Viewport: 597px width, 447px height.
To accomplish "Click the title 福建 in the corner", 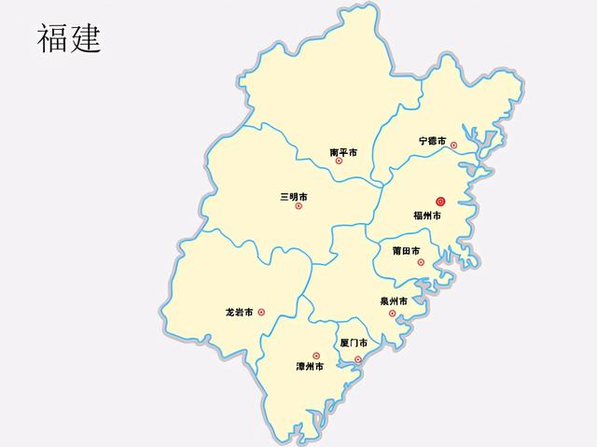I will coord(68,39).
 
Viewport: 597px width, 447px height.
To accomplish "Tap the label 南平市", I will coord(343,150).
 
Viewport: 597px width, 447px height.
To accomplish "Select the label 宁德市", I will coord(432,141).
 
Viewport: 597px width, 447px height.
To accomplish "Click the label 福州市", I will coord(427,216).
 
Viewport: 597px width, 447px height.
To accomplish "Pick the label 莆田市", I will coord(406,250).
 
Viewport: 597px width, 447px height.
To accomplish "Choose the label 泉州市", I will coord(394,301).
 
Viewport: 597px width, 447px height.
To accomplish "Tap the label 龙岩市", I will coord(239,312).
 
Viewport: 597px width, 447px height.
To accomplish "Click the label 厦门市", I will coord(354,343).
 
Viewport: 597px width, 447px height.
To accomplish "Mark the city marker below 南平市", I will coord(339,161).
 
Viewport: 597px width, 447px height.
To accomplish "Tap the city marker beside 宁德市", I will coord(453,145).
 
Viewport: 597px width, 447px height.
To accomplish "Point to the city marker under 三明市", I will coord(298,206).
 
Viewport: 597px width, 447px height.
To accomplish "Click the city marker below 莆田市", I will coord(421,262).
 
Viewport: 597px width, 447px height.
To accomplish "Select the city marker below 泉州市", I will coord(393,313).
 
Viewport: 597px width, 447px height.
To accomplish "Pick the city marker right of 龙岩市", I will coord(261,313).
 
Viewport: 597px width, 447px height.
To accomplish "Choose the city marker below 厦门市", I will coord(358,358).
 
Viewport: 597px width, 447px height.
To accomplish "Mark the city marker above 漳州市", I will coord(315,356).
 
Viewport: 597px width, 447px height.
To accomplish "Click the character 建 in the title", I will coord(84,39).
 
